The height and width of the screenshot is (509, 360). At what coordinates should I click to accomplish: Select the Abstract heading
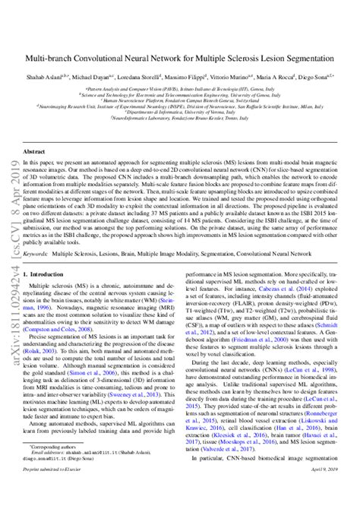(x=33, y=153)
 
